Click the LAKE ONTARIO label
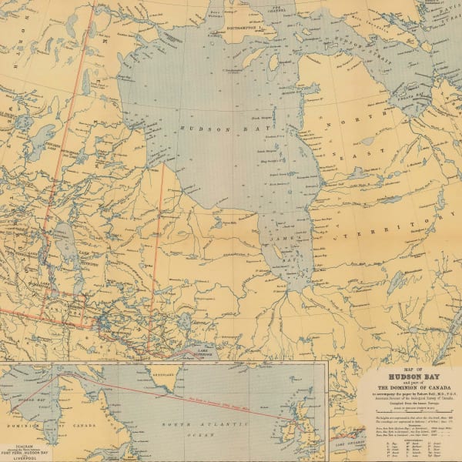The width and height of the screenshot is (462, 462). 350,445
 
